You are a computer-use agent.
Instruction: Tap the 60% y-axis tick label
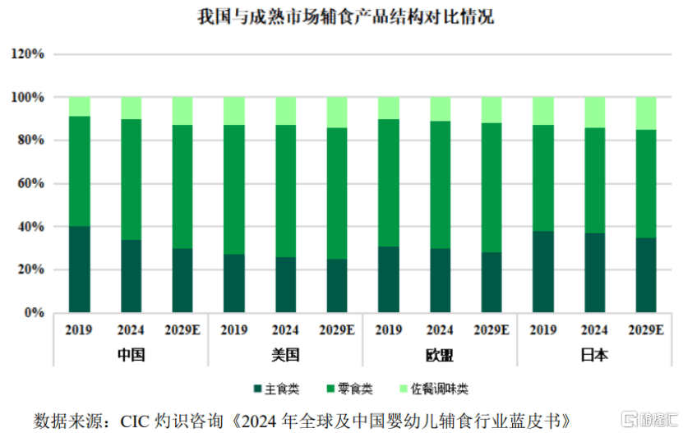coord(30,183)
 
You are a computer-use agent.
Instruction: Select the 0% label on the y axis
coord(34,313)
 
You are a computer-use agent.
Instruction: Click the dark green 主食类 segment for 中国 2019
coord(80,269)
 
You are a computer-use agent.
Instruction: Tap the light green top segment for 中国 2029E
coord(182,111)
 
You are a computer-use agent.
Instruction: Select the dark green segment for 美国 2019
coord(234,283)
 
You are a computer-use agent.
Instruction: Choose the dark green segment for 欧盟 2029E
coord(491,282)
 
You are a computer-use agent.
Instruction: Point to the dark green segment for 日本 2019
coord(542,271)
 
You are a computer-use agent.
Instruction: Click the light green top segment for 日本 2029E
coord(645,113)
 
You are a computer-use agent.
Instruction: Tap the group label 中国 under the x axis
coord(132,356)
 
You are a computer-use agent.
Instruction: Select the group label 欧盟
coord(440,356)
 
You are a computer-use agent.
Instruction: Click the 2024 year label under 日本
coord(594,330)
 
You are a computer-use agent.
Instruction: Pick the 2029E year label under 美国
coord(337,330)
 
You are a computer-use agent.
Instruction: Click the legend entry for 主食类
coord(276,388)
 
